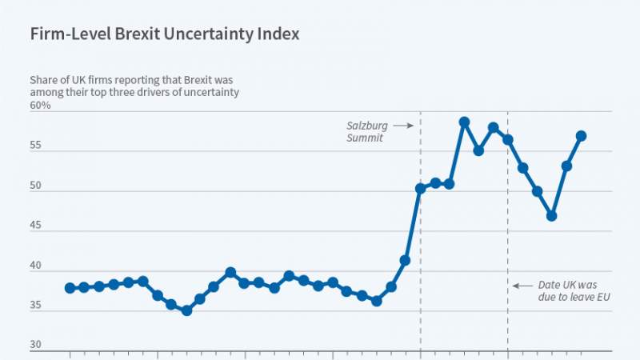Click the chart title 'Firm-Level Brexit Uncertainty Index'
coord(165,35)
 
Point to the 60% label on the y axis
coord(41,106)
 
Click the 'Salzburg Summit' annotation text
coord(365,132)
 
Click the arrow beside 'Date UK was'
coord(522,285)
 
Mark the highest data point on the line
coord(464,122)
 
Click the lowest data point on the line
coord(186,310)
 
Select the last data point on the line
coord(582,136)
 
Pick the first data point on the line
coord(70,288)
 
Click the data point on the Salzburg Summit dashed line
coord(421,189)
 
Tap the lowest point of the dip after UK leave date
coord(552,216)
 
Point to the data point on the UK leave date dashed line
coord(508,140)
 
